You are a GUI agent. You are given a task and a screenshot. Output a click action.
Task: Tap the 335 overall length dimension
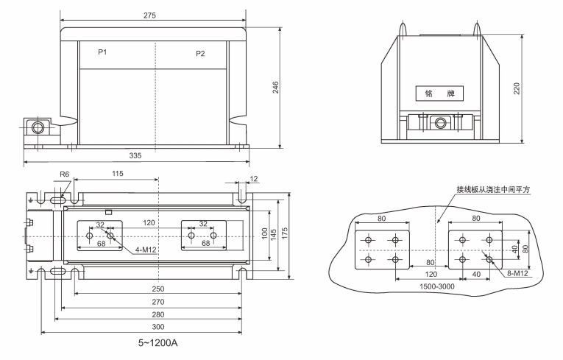136,156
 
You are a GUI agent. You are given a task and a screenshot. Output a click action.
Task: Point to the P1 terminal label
102,53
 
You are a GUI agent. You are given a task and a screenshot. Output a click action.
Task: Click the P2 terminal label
200,54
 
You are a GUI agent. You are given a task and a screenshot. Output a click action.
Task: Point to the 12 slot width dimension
254,180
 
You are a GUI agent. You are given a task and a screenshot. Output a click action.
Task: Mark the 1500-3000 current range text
437,287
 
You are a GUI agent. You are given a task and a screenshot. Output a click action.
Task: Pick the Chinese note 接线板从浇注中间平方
493,189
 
